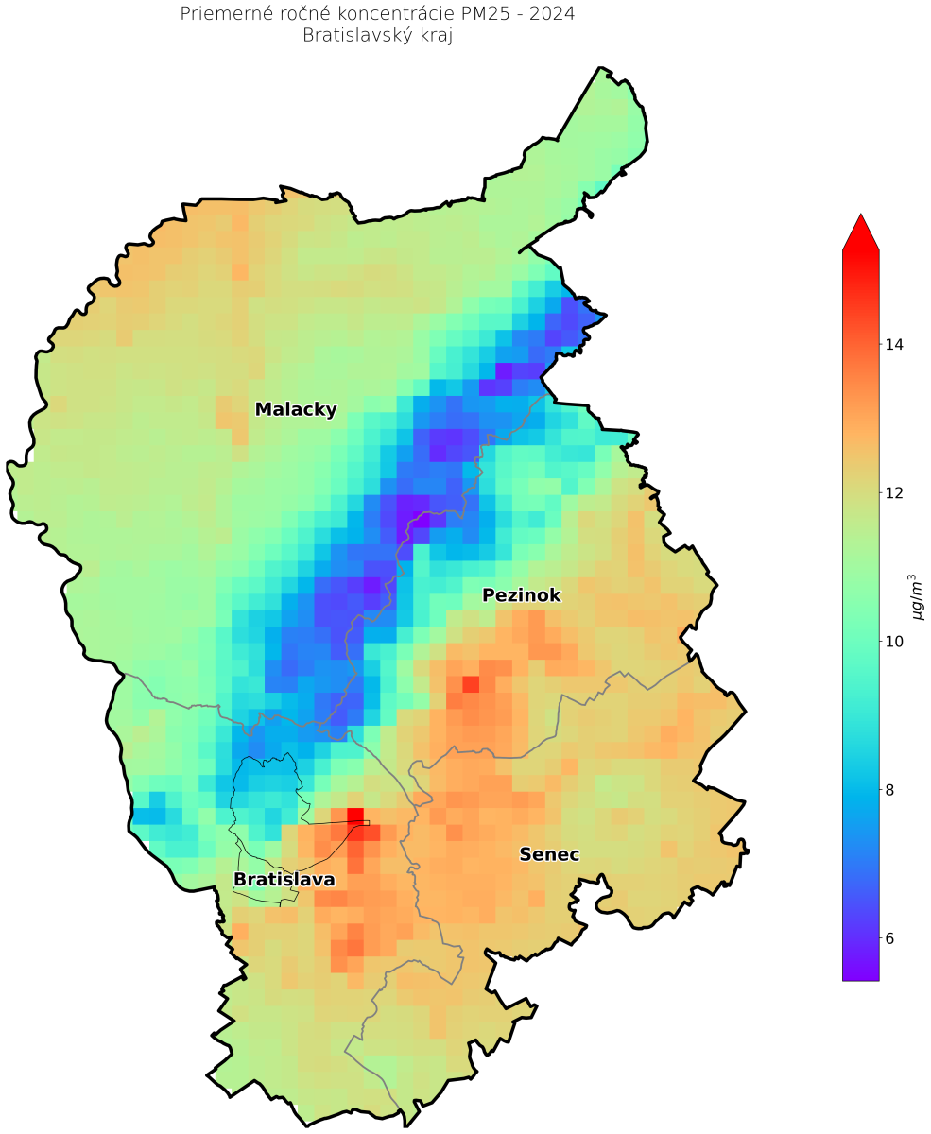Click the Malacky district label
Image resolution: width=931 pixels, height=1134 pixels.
(x=296, y=409)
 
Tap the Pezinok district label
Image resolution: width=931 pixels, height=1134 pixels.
(x=522, y=595)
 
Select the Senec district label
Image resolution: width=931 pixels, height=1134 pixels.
(x=549, y=854)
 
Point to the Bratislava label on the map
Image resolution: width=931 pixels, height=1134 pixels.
(x=284, y=880)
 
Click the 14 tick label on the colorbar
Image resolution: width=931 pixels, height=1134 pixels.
(x=893, y=344)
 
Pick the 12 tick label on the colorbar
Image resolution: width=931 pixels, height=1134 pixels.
(x=893, y=492)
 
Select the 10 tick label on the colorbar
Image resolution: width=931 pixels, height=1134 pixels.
(x=893, y=642)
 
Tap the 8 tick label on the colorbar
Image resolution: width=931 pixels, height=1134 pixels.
(x=889, y=790)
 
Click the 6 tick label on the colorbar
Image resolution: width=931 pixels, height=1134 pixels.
(x=889, y=938)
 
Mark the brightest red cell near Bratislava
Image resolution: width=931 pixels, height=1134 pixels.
(x=355, y=816)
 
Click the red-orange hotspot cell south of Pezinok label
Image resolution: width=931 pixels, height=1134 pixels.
(x=470, y=683)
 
